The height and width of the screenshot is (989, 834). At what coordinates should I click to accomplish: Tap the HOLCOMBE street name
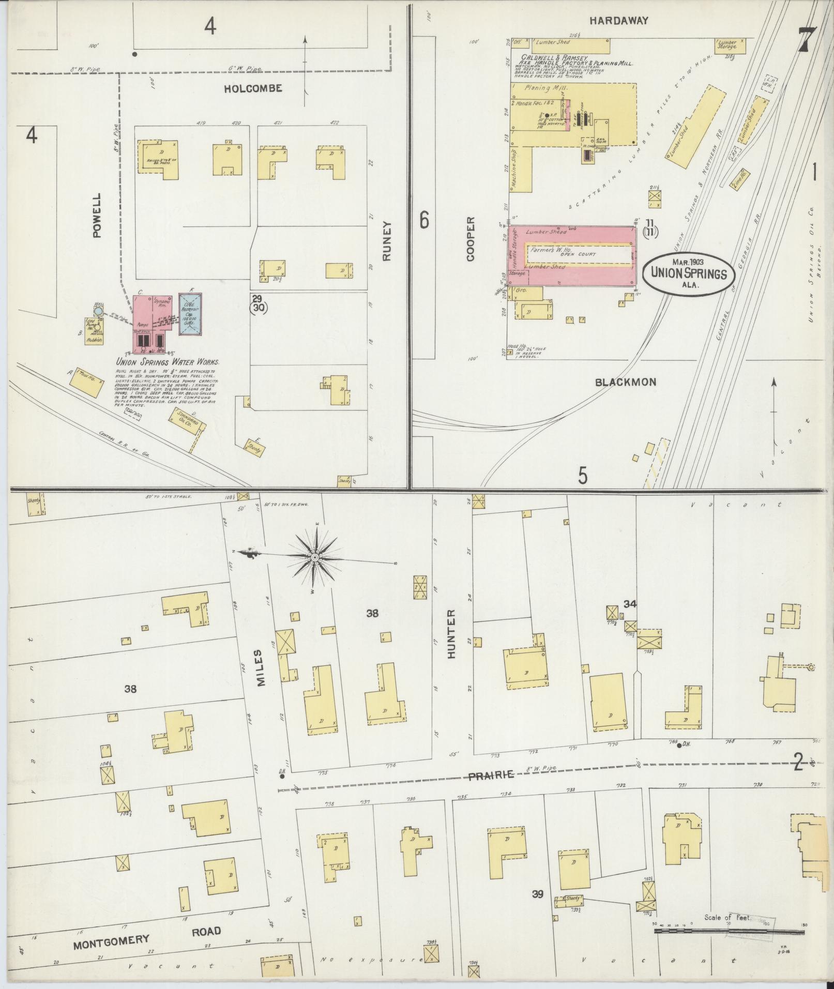[253, 88]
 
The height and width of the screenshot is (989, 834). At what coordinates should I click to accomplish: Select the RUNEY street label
[388, 241]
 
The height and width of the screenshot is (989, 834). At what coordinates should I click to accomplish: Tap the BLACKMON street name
[626, 382]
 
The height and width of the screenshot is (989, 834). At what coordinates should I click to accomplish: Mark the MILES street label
[260, 668]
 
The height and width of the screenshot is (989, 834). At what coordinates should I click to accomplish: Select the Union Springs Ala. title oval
[689, 273]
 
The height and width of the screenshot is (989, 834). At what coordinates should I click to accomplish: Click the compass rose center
[314, 557]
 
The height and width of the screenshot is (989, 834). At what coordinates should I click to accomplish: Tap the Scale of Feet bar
[730, 931]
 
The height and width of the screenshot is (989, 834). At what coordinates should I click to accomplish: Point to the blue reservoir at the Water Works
[190, 314]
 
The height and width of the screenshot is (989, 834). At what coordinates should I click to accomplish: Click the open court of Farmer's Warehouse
[579, 254]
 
